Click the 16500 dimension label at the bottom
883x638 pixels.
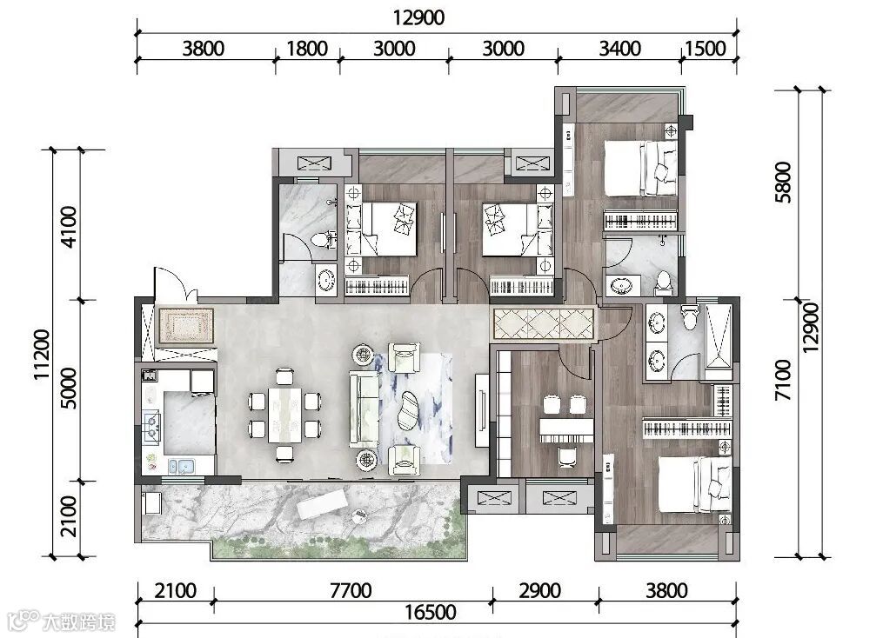point(431,612)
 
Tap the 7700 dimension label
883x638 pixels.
point(351,591)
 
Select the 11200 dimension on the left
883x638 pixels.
point(43,355)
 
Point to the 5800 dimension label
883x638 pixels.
point(783,182)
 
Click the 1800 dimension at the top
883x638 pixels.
point(307,49)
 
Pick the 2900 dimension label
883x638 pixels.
point(540,591)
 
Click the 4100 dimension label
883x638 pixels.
point(68,227)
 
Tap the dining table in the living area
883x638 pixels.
point(284,415)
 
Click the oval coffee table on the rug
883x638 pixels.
point(409,409)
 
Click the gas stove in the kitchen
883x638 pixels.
point(152,424)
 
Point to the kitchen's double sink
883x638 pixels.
point(181,467)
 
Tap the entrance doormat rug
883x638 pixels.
point(186,326)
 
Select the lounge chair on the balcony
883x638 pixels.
point(322,504)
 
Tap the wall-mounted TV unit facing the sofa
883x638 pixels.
point(482,409)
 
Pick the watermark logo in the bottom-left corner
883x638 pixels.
point(62,621)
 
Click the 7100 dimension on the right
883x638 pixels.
point(783,381)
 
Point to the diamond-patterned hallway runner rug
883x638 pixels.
point(544,324)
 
